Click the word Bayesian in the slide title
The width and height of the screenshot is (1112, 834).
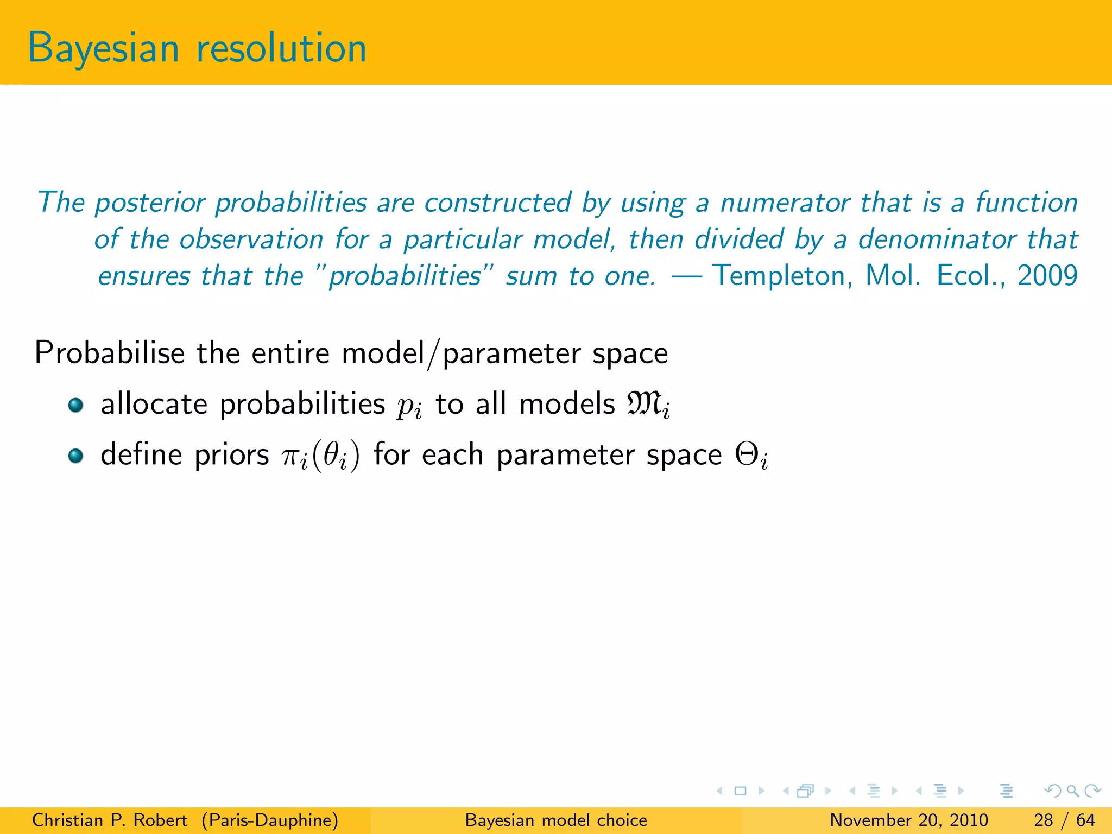point(103,49)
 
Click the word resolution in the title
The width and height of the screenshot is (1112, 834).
point(281,49)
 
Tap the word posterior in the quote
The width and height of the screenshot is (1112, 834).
point(154,203)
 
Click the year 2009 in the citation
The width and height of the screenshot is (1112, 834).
point(1047,275)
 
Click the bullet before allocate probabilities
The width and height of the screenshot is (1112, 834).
point(76,405)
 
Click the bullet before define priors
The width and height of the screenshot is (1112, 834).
point(76,456)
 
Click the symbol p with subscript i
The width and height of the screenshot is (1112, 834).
point(408,406)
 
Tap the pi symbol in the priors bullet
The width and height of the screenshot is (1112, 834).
point(293,456)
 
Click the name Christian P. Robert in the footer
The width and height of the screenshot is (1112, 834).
point(110,820)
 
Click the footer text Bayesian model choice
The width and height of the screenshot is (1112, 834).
point(556,820)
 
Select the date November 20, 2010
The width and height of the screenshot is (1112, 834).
point(909,820)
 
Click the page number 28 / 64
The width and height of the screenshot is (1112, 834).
point(1064,820)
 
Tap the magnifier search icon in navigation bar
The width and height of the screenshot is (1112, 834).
point(1072,791)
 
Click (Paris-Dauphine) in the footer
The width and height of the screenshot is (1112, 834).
point(269,820)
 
